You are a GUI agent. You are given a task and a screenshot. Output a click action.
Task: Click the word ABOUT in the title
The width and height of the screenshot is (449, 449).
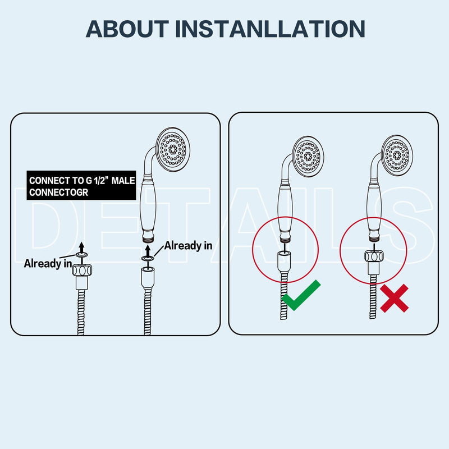127,29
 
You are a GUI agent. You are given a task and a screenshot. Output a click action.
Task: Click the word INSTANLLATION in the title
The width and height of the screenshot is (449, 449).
270,29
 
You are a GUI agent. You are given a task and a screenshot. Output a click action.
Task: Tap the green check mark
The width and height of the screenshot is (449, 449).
301,295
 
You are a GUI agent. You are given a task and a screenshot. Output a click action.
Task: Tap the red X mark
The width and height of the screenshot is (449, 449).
395,298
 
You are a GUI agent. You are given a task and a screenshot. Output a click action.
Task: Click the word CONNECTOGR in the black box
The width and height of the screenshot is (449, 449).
58,193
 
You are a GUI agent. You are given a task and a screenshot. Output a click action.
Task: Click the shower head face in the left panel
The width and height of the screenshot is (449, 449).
173,149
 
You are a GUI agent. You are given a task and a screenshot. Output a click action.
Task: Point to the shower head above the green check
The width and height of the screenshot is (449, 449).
308,156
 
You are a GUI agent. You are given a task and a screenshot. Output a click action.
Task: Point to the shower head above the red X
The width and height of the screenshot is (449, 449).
397,155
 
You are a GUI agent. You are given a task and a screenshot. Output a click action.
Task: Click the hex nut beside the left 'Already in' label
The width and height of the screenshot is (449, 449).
82,270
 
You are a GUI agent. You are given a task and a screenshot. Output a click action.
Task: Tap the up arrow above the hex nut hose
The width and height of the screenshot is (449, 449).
81,247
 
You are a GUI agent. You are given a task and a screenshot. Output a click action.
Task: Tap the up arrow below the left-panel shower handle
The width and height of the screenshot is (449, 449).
148,251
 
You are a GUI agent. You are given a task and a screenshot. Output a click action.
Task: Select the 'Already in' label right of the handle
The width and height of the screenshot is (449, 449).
188,246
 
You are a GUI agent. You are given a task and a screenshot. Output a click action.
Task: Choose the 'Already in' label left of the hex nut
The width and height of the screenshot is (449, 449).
48,263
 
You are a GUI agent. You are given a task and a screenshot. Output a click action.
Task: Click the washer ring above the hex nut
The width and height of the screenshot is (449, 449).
81,255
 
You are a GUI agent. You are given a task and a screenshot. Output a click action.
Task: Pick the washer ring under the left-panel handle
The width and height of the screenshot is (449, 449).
148,259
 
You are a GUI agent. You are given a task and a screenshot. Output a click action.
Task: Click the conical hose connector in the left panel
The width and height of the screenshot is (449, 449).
148,277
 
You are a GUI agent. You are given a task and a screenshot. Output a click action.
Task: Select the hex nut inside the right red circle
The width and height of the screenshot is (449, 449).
374,256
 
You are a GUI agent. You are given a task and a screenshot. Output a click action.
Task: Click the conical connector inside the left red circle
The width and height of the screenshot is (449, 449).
284,261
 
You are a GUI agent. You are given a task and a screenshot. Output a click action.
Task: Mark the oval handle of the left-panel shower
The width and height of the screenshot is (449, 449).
148,208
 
